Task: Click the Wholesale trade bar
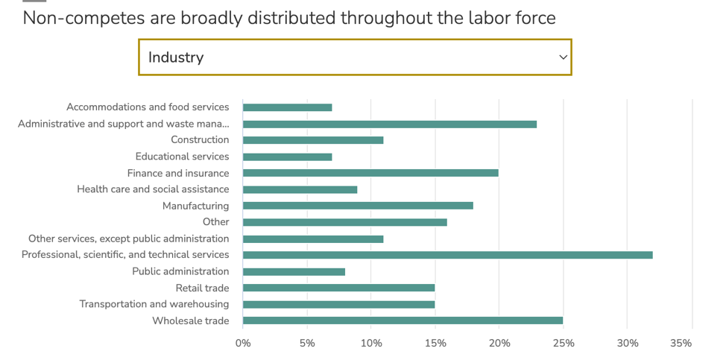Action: (x=403, y=320)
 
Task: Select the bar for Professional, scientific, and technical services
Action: (x=447, y=255)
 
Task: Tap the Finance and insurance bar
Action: (x=370, y=173)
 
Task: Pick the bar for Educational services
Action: (x=287, y=157)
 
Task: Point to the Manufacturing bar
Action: (x=358, y=206)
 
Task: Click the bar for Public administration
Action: (x=294, y=271)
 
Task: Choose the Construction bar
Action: (x=313, y=140)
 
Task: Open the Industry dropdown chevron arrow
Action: (x=563, y=57)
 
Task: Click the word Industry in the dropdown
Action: (x=176, y=57)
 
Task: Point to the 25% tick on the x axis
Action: (x=564, y=344)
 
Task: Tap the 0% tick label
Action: (x=243, y=344)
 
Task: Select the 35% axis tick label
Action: (x=681, y=344)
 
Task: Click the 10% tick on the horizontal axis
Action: (x=371, y=344)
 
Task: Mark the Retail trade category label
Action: (x=202, y=288)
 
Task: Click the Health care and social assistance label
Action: (x=153, y=189)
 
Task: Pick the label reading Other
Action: (x=215, y=222)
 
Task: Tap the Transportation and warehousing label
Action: (x=154, y=304)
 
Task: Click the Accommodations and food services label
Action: (x=148, y=107)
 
